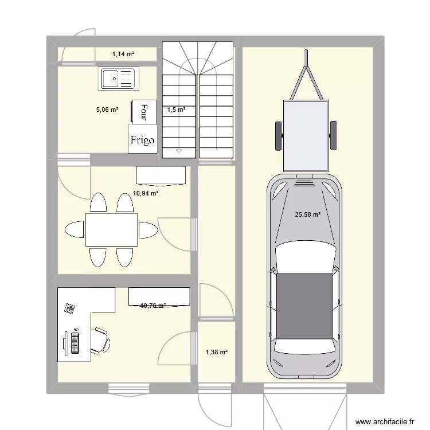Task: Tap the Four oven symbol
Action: pyautogui.click(x=144, y=111)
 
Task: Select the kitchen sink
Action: pyautogui.click(x=119, y=79)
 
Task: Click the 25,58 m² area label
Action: pyautogui.click(x=307, y=215)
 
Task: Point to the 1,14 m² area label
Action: pyautogui.click(x=123, y=54)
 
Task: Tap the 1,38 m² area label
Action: pyautogui.click(x=216, y=353)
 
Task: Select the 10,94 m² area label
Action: pyautogui.click(x=146, y=194)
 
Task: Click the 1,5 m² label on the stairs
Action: pyautogui.click(x=176, y=109)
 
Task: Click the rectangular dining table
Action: pyautogui.click(x=112, y=229)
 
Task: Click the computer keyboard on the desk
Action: pyautogui.click(x=75, y=342)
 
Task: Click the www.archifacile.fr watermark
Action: pyautogui.click(x=384, y=420)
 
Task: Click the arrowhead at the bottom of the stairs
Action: pyautogui.click(x=179, y=151)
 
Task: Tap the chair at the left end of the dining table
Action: pyautogui.click(x=75, y=229)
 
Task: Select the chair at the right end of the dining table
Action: pyautogui.click(x=148, y=229)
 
